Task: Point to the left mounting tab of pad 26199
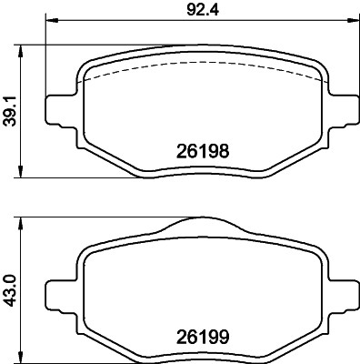(x=56, y=288)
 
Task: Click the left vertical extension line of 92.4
(x=47, y=55)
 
